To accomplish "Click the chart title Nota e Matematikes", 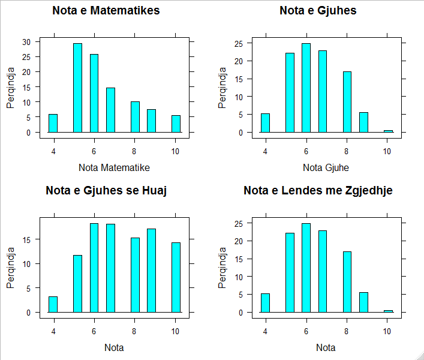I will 106,10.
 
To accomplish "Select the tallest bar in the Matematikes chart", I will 77,88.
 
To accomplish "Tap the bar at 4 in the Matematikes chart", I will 53,123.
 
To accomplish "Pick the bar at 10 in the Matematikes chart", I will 176,124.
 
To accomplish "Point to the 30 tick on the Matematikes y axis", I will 26,41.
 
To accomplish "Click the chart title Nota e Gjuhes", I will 318,10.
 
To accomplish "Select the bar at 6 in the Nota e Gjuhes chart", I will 306,88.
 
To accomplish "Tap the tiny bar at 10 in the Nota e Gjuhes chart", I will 388,131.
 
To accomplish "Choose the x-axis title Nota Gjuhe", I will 326,167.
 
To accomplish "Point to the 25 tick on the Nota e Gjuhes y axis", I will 239,43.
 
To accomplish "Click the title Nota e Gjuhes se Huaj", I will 106,191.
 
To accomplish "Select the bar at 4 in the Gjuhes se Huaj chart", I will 53,304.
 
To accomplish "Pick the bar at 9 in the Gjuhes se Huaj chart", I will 151,271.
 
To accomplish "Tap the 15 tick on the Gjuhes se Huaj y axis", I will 28,239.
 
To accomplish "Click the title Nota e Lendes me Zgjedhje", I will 318,191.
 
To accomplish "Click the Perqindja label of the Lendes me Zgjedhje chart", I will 222,268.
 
